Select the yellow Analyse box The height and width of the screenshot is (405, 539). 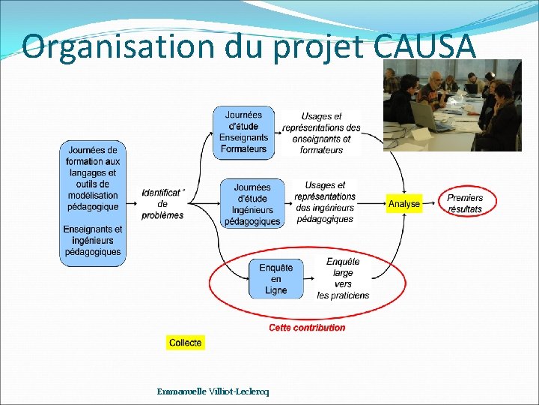click(404, 203)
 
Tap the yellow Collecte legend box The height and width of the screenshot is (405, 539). click(185, 343)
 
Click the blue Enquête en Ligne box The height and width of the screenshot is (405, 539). click(276, 279)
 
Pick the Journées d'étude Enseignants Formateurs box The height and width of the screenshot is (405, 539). click(243, 132)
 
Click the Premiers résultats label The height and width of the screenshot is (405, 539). click(465, 203)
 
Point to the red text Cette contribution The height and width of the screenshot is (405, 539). click(307, 328)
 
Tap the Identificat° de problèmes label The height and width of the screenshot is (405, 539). click(162, 203)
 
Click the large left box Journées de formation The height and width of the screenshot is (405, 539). click(93, 202)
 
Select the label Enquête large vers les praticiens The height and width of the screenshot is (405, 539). click(343, 278)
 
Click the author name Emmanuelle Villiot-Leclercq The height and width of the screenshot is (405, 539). click(213, 391)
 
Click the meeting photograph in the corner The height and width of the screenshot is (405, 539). click(452, 105)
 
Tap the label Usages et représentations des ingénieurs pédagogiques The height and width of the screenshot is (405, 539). click(325, 202)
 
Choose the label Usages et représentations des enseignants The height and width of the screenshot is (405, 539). click(321, 133)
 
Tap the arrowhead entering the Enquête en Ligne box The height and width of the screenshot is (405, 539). click(246, 279)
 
